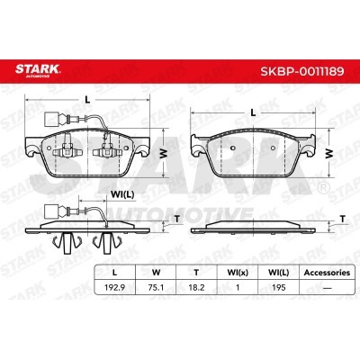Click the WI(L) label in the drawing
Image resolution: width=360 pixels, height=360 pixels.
(122, 193)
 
